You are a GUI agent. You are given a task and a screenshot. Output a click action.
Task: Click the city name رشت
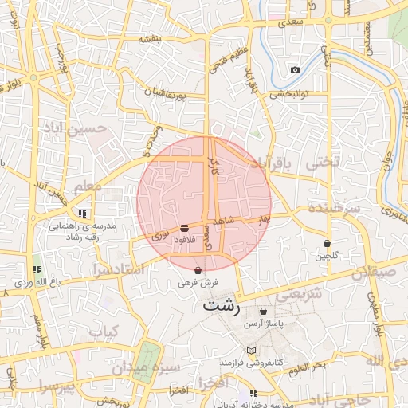click(221, 304)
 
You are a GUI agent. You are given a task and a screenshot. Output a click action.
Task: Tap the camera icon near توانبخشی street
click(295, 70)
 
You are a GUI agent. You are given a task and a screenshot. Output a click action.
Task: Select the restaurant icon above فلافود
click(184, 228)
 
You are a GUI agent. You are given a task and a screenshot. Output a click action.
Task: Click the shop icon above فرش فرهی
click(198, 270)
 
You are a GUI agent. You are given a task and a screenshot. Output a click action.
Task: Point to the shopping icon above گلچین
click(327, 243)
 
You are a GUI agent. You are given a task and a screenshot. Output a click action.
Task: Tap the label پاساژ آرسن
click(264, 322)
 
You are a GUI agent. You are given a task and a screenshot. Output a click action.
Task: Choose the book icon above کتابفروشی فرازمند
click(252, 351)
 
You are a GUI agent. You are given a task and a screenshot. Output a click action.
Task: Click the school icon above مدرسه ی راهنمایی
click(82, 214)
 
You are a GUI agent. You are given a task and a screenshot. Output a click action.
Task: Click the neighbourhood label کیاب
click(104, 331)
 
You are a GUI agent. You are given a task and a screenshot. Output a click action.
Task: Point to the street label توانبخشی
click(288, 93)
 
